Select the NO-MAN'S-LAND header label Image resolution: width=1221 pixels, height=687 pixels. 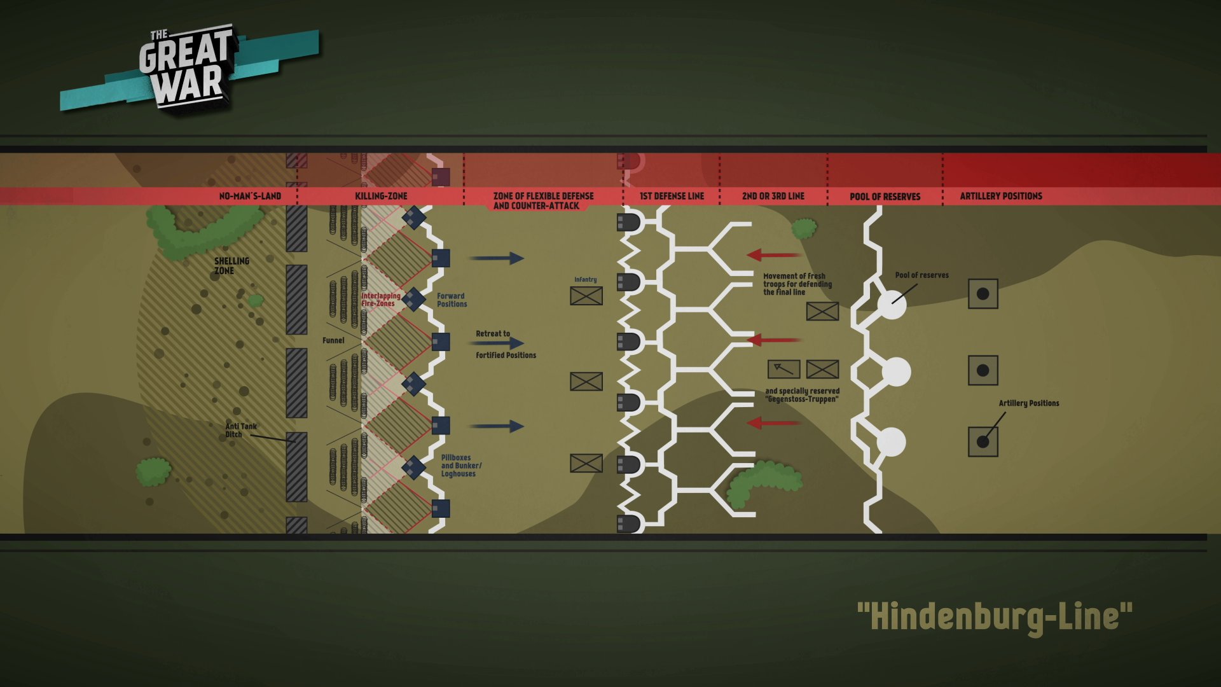[250, 196]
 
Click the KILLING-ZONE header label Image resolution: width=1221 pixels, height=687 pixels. [381, 196]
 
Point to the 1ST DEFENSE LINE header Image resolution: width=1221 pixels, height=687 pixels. [672, 196]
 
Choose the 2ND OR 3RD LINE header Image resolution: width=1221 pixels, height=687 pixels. [773, 196]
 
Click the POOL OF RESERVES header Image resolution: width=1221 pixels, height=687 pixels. [885, 197]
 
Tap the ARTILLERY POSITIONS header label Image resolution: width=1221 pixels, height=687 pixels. [1000, 196]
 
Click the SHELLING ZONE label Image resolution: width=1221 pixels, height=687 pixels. [231, 266]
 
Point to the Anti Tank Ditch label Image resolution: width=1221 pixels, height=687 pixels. [240, 431]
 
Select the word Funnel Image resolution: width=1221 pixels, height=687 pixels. [333, 340]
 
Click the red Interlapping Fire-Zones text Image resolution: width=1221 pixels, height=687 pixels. [380, 300]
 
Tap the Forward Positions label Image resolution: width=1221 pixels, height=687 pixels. [452, 300]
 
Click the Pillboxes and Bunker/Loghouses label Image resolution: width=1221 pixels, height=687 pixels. [460, 466]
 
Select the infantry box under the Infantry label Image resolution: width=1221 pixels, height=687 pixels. [586, 296]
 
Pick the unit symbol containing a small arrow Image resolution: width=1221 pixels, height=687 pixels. [783, 369]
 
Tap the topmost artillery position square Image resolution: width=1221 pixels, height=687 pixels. [983, 294]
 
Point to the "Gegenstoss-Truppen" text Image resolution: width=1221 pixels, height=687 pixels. [802, 399]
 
